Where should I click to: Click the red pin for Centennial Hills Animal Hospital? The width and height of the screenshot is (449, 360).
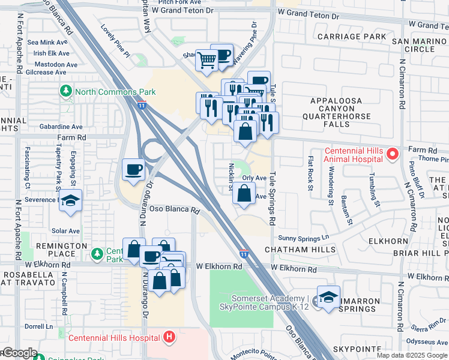coord(393,155)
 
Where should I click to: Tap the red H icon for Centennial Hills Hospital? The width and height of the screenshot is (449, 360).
coord(170,337)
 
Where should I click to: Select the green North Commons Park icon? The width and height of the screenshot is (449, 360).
coord(65,92)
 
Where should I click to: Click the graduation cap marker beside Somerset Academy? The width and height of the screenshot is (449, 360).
coord(328,297)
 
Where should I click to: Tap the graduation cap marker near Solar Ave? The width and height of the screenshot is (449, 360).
coord(70,201)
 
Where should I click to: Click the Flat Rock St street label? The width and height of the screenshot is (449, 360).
coord(310,173)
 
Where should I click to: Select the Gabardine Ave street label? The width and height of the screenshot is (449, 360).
coord(61,127)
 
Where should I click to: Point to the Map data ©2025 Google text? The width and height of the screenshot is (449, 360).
coord(412,355)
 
